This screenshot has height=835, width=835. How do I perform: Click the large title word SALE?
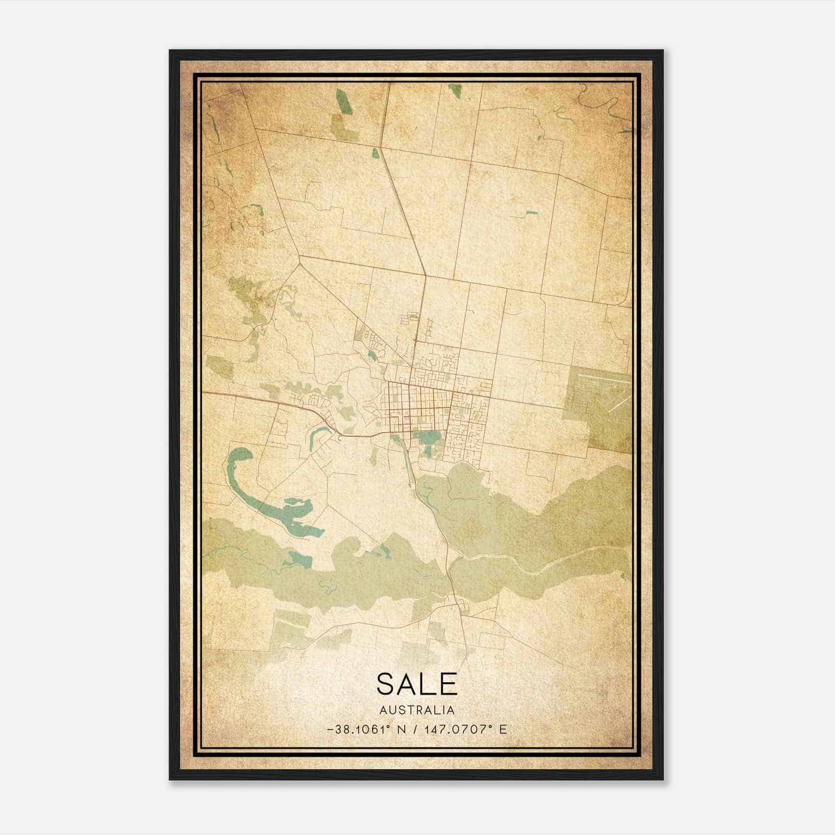pos(416,684)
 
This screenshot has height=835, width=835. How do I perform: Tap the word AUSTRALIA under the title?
pos(416,710)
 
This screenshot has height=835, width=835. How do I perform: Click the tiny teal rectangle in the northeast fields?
pos(531,213)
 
